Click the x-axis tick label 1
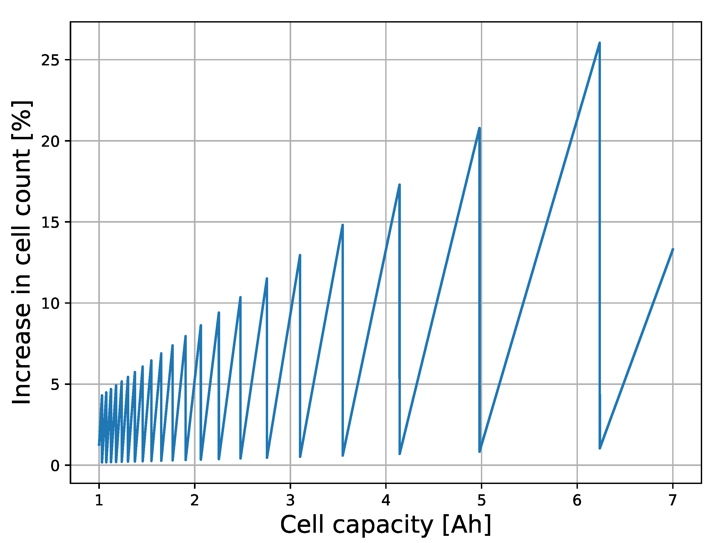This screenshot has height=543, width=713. click(x=99, y=501)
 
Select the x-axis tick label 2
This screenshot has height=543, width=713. click(x=194, y=501)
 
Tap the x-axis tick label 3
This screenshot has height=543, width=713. click(x=290, y=501)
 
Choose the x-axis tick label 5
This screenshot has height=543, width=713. click(x=481, y=501)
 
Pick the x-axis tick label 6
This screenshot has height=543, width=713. click(x=577, y=501)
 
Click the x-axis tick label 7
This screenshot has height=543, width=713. click(x=672, y=501)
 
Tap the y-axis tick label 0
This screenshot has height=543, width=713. click(x=55, y=466)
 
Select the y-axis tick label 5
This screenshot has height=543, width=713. click(x=55, y=385)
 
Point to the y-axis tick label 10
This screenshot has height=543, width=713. click(x=50, y=303)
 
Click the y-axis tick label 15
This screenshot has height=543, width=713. click(x=50, y=222)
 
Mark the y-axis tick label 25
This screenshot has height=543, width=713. click(x=50, y=60)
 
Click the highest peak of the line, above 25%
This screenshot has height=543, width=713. click(x=599, y=43)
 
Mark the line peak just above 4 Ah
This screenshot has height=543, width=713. click(x=400, y=185)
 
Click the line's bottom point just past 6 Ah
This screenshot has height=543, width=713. click(x=600, y=448)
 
